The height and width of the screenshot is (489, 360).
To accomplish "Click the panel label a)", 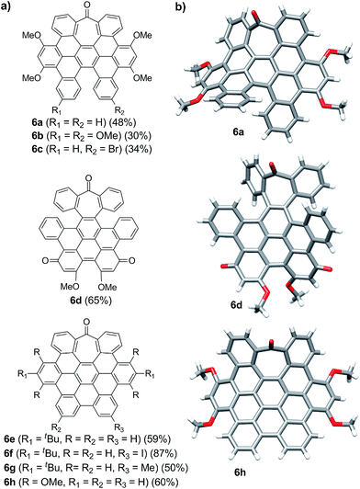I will coord(7,7).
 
